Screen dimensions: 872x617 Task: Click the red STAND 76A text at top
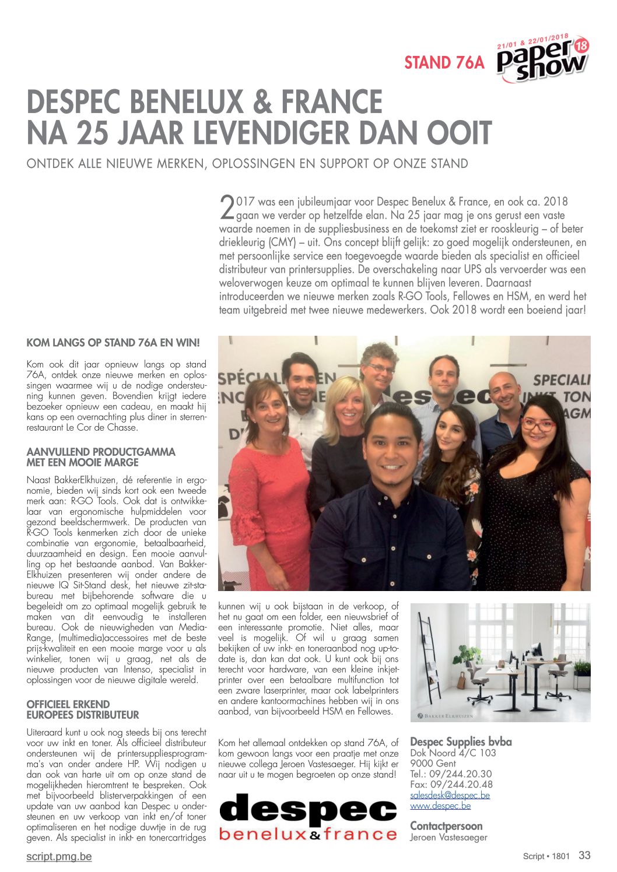[444, 62]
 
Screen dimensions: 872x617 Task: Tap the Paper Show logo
[542, 58]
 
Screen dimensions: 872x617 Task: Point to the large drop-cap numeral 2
[226, 206]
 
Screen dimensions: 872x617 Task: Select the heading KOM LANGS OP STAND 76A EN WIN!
[113, 343]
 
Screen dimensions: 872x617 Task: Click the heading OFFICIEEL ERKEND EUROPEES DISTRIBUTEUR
[83, 709]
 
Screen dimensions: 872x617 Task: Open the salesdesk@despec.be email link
[450, 795]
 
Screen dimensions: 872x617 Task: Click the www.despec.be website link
[440, 806]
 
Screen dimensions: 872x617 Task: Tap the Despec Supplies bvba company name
[461, 742]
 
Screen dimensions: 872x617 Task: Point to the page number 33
[584, 855]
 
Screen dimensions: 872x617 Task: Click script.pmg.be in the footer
[59, 856]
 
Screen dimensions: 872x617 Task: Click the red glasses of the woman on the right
[538, 424]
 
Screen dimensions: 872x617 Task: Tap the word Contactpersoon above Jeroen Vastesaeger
[446, 826]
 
